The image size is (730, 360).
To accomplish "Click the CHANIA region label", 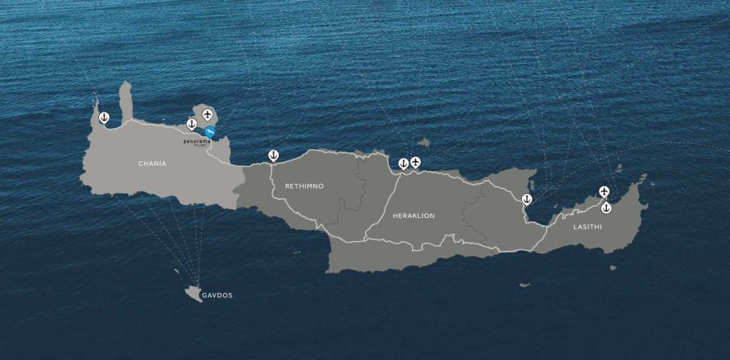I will (152, 164).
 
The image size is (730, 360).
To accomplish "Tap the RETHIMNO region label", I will (304, 186).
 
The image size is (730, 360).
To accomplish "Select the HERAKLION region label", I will (413, 215).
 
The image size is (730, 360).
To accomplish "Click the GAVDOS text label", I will (217, 295).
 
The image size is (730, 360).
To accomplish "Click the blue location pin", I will (210, 132).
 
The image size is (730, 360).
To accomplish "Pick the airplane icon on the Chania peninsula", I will (207, 114).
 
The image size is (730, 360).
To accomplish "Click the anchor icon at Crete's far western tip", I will (103, 116).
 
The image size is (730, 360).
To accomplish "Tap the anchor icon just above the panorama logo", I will (192, 124).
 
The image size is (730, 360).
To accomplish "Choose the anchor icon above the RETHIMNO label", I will (273, 155).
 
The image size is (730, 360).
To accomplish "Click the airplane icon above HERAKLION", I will (416, 162).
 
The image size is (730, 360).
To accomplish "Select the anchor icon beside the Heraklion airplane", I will (403, 163).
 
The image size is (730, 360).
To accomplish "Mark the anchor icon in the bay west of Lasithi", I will (527, 199).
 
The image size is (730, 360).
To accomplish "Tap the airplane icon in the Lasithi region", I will (605, 191).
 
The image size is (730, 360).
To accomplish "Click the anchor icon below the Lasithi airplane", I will (606, 207).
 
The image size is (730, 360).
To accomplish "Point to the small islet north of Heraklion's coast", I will (424, 142).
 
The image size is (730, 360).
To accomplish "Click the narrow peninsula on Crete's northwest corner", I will (126, 100).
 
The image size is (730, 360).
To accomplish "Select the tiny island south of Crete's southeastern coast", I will (525, 284).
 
